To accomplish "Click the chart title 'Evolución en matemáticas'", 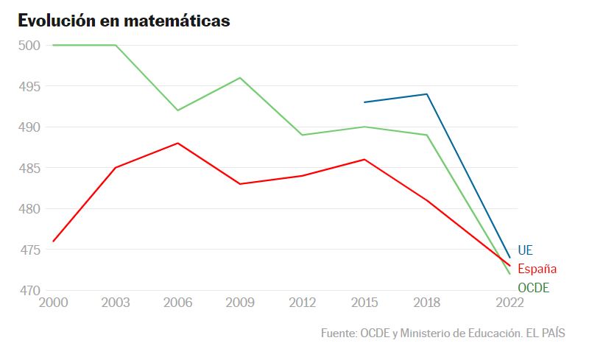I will click(x=124, y=21).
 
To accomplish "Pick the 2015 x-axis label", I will click(x=364, y=303).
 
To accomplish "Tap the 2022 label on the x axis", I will click(x=509, y=303).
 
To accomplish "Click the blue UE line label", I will click(x=525, y=250).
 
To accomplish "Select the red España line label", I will click(x=537, y=269).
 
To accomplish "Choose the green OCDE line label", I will click(x=533, y=288).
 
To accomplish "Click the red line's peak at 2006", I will click(x=177, y=143).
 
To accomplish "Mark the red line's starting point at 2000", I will click(x=53, y=241).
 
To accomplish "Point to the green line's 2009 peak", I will click(x=240, y=78).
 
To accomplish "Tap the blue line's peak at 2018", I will click(x=427, y=94).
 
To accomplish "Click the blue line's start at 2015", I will click(x=364, y=102).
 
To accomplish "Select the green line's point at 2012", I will click(x=303, y=135).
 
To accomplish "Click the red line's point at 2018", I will click(x=427, y=200).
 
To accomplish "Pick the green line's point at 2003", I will click(x=116, y=45).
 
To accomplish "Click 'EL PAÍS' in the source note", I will click(x=545, y=333).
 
